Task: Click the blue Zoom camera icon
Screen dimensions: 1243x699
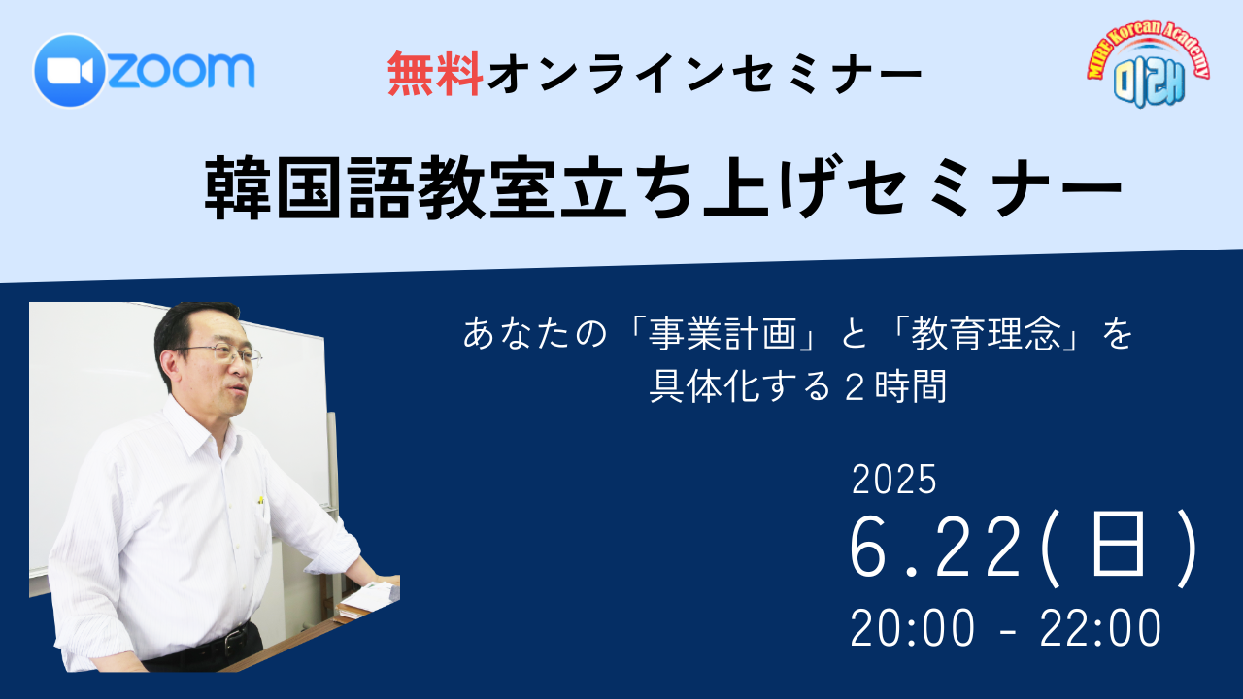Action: point(69,71)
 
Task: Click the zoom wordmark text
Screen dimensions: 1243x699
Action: point(182,71)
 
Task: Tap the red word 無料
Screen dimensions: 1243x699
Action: point(434,74)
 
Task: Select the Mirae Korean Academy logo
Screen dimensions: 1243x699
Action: point(1148,64)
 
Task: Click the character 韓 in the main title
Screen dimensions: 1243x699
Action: point(238,187)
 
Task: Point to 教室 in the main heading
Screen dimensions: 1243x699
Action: point(487,187)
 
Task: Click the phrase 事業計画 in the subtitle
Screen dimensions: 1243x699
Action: point(722,334)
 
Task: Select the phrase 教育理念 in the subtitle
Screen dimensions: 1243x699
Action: point(986,334)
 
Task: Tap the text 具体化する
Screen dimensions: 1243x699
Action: point(740,386)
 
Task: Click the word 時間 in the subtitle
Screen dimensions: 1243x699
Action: point(911,386)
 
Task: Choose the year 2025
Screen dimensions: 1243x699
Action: point(894,480)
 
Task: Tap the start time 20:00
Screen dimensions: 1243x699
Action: point(912,628)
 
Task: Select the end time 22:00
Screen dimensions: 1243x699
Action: point(1100,628)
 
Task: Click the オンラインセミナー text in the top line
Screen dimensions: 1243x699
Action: point(705,74)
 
